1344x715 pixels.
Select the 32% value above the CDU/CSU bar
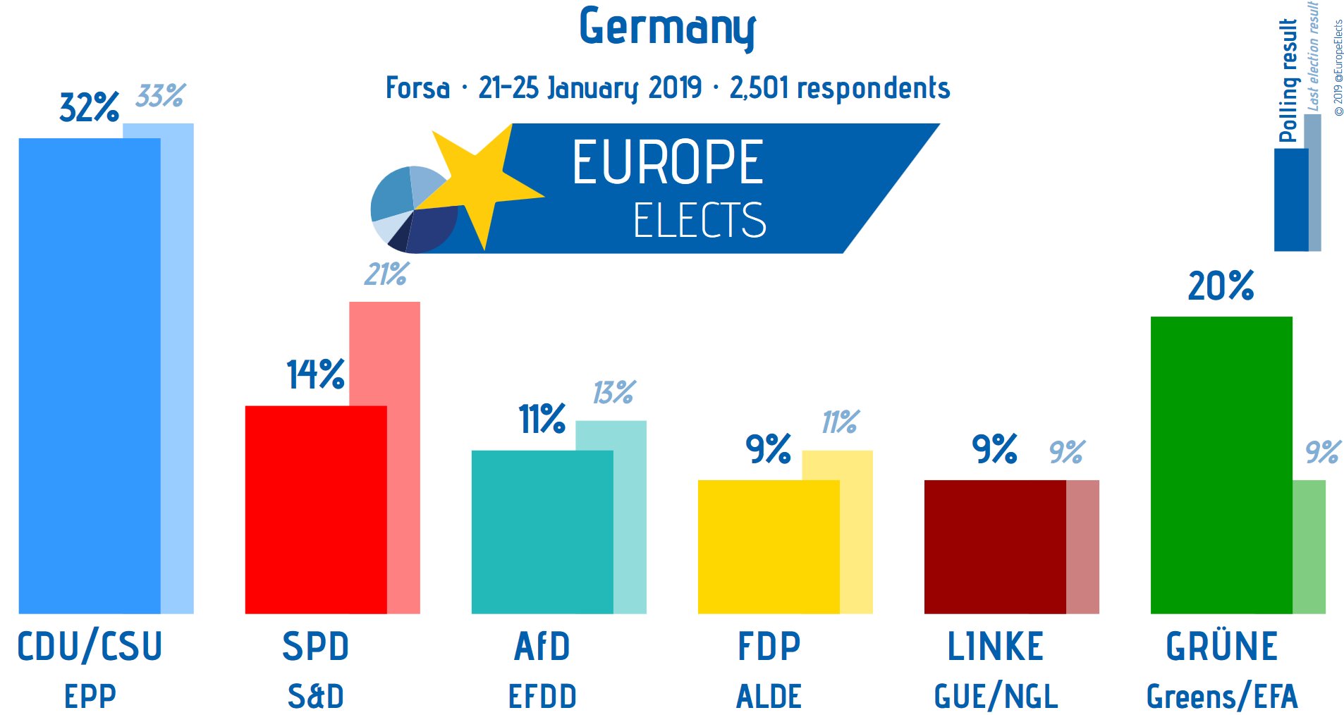pos(89,108)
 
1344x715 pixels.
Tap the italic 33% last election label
pos(161,96)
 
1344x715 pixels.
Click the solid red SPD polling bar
pos(315,509)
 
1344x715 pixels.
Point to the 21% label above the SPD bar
pos(386,274)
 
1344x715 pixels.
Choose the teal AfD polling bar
pos(542,532)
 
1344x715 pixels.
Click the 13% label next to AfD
pos(614,393)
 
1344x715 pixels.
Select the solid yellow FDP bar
pos(768,546)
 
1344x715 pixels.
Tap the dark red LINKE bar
pos(994,546)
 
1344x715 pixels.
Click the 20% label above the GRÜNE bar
pos(1221,286)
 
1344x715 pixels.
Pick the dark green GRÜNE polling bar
pos(1221,465)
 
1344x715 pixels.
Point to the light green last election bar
pos(1309,546)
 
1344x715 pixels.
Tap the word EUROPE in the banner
pos(667,163)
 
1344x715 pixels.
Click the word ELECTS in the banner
pos(699,220)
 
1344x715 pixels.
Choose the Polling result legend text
pos(1288,80)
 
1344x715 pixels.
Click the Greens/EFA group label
pos(1221,697)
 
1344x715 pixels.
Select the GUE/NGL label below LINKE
pos(995,697)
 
